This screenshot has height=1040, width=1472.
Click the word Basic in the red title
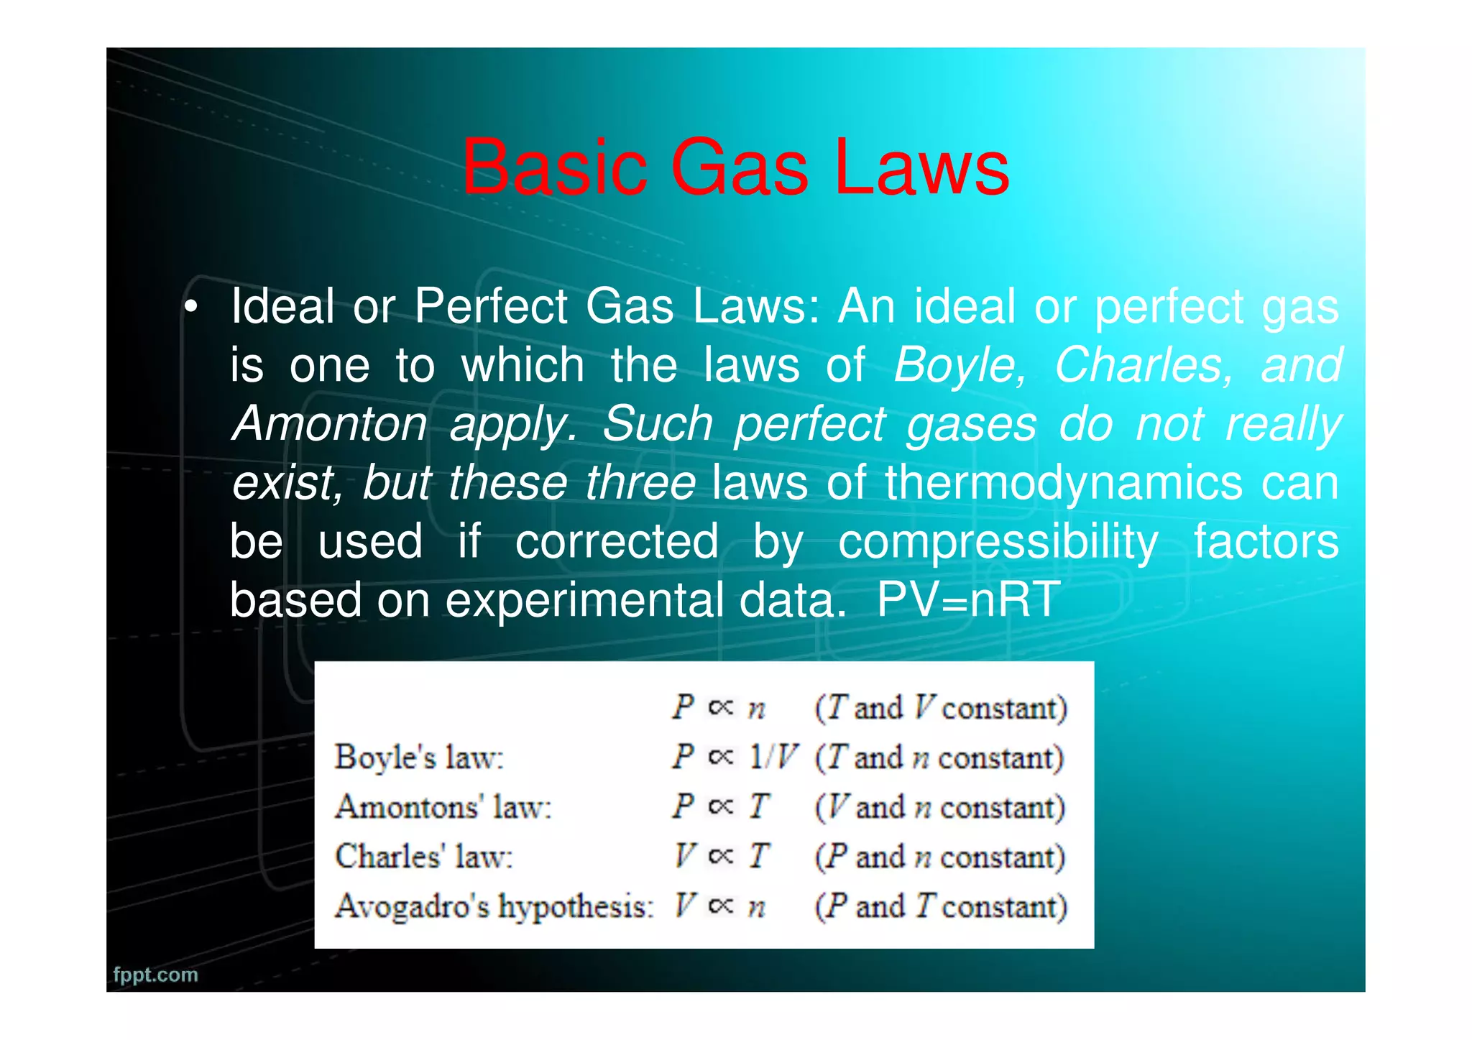click(x=553, y=167)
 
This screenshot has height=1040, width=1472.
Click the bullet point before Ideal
click(x=190, y=308)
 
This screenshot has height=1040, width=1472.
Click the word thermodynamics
click(x=1063, y=482)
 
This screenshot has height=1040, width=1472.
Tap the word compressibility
click(x=998, y=541)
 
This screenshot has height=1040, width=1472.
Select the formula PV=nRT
click(x=968, y=599)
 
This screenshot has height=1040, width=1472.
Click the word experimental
click(x=584, y=599)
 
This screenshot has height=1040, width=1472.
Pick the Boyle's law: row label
click(x=419, y=757)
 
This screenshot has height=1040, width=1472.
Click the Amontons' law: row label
click(x=443, y=806)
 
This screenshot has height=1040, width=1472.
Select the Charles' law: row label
click(x=424, y=856)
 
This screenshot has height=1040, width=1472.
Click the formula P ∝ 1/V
click(x=735, y=757)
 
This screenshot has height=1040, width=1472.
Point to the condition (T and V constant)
click(x=940, y=708)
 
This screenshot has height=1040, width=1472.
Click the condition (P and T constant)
click(x=940, y=906)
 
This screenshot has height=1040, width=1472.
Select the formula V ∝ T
click(x=721, y=856)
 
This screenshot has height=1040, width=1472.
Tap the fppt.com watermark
click(x=155, y=975)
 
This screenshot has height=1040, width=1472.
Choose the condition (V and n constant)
click(x=939, y=806)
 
